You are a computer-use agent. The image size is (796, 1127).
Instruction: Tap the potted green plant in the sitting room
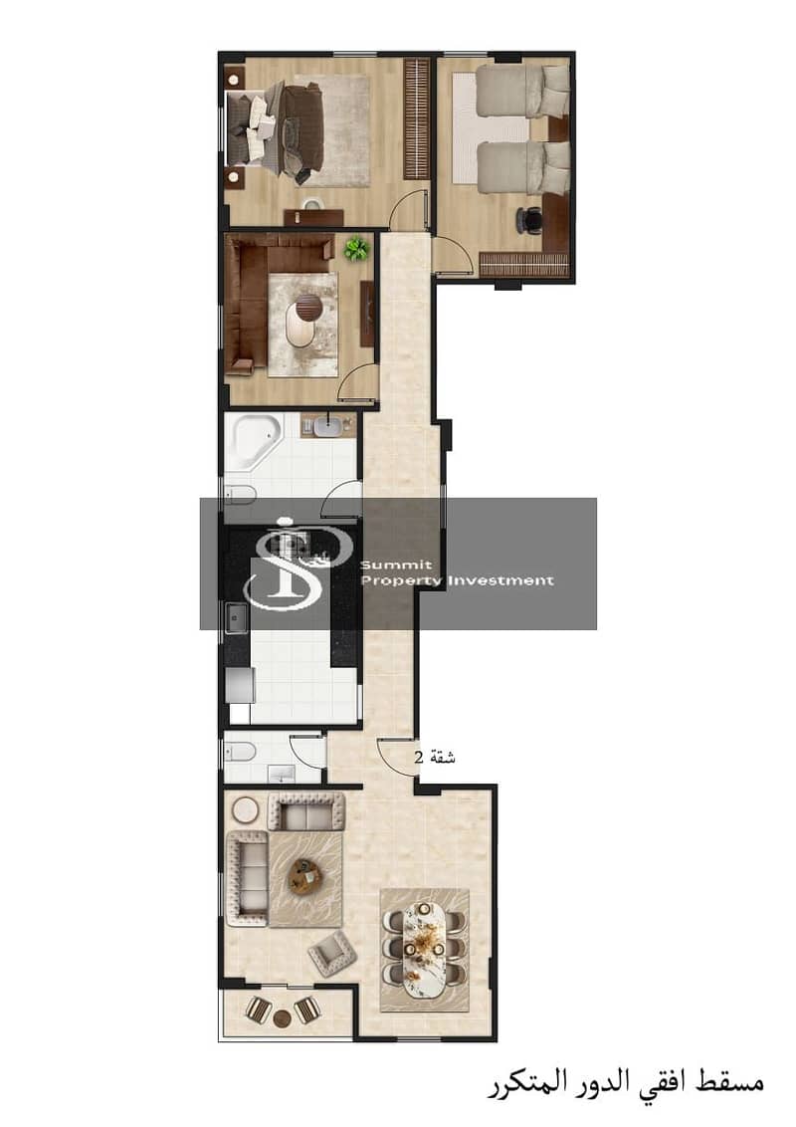[355, 250]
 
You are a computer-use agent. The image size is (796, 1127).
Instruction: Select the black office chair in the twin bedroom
[530, 218]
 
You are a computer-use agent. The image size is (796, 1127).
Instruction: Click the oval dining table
[424, 950]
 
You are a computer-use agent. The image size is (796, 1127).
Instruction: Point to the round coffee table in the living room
[304, 875]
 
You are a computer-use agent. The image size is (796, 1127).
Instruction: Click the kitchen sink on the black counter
[236, 618]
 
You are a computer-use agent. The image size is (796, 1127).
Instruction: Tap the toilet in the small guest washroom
[240, 753]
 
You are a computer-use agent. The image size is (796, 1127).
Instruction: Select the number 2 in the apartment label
[419, 757]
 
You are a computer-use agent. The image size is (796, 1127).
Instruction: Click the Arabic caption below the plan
[624, 1082]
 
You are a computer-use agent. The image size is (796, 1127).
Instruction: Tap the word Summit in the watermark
[396, 564]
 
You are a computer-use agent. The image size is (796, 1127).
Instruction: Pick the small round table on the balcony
[283, 1017]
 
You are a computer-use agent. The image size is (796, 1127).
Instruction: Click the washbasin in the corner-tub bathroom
[329, 425]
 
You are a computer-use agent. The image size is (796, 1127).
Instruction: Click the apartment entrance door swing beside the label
[397, 756]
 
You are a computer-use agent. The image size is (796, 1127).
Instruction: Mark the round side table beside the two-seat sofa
[246, 810]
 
